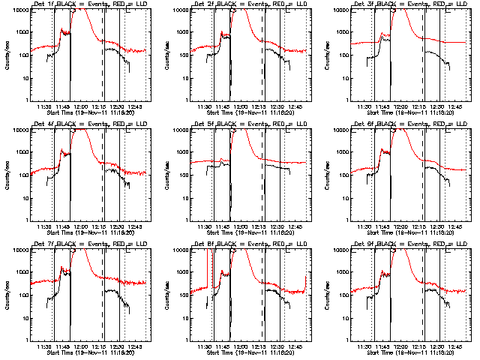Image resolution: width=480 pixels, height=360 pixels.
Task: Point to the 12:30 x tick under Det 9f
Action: (438, 346)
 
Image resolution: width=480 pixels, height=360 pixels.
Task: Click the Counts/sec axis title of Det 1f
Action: (7, 55)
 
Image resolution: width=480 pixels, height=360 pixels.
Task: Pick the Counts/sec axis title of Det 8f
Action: (167, 295)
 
